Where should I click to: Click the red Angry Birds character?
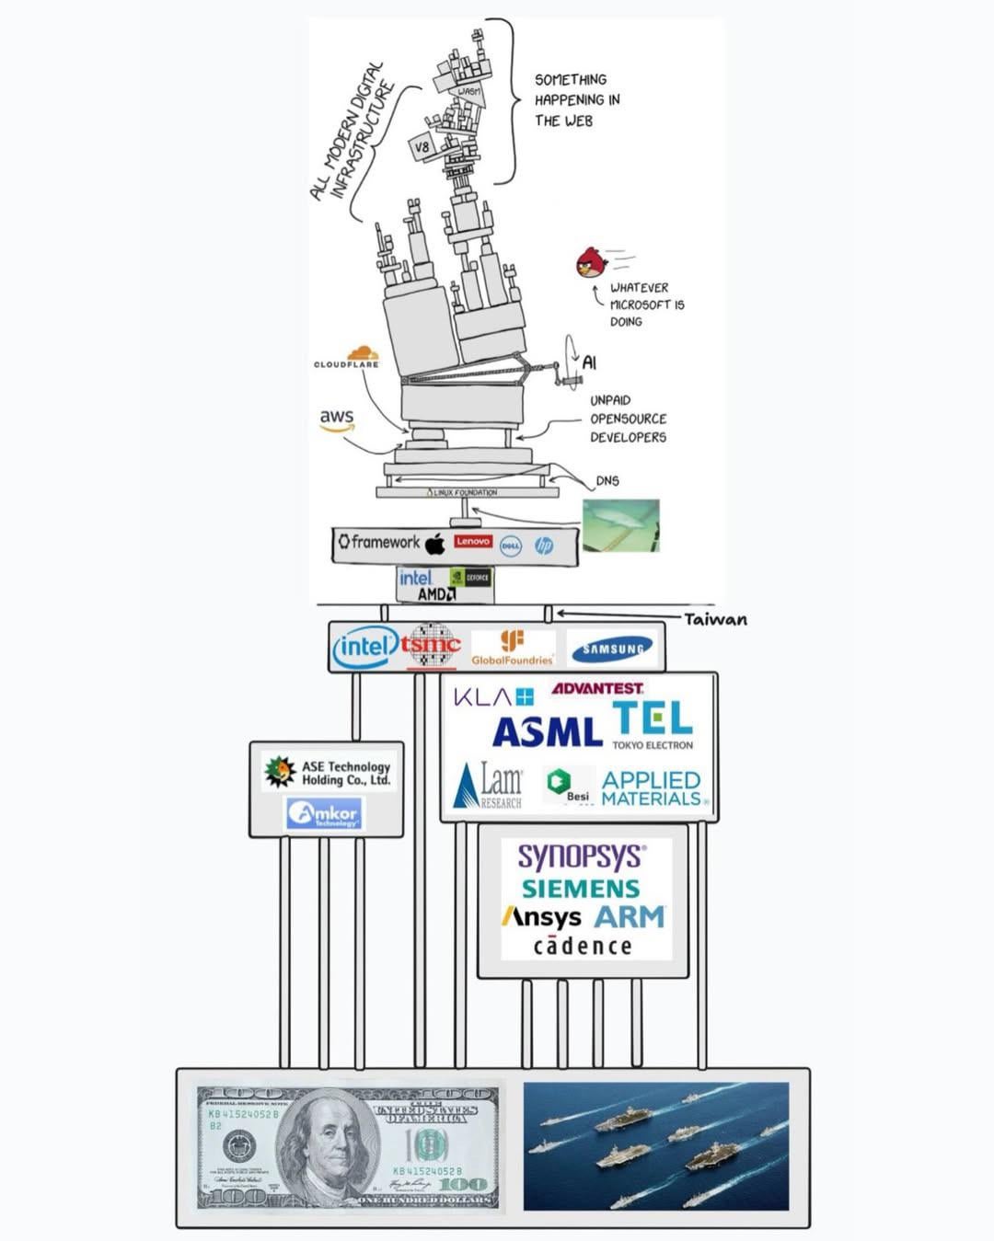coord(592,263)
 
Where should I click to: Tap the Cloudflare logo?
coord(348,358)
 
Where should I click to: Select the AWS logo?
coord(337,419)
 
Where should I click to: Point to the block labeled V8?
coord(422,147)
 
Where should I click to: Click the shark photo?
coord(621,525)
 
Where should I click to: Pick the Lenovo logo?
coord(473,542)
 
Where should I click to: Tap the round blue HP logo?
coord(544,546)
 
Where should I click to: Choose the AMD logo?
coord(436,594)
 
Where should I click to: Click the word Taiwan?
coord(715,619)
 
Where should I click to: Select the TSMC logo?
coord(431,645)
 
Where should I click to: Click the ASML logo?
coord(547,731)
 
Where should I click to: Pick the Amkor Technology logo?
coord(324,813)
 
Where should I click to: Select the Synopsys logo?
coord(581,856)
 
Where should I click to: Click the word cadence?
coord(583,946)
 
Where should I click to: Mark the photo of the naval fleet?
coord(655,1146)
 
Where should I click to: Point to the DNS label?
coord(607,480)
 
